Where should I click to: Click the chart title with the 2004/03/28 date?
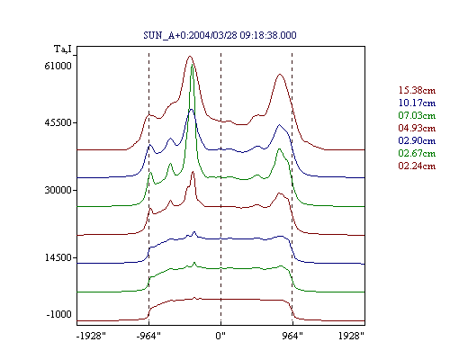(220, 35)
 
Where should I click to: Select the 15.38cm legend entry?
(417, 90)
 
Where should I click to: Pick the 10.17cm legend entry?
(417, 103)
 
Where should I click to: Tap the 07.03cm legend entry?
(417, 115)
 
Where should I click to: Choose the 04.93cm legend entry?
(417, 128)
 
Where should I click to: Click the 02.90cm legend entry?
(417, 140)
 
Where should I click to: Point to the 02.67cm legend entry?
(417, 153)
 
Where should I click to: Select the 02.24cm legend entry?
(417, 166)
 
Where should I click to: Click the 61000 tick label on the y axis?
(58, 66)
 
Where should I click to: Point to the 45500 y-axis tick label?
(58, 122)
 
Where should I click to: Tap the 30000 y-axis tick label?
(58, 190)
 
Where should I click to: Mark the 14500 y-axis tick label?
(58, 257)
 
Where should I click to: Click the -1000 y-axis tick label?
(59, 314)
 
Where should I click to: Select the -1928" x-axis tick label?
(91, 336)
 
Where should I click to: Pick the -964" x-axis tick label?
(148, 336)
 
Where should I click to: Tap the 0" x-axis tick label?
(220, 336)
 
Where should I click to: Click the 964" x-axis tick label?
(292, 336)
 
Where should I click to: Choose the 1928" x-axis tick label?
(351, 336)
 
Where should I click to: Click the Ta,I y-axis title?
(63, 49)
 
